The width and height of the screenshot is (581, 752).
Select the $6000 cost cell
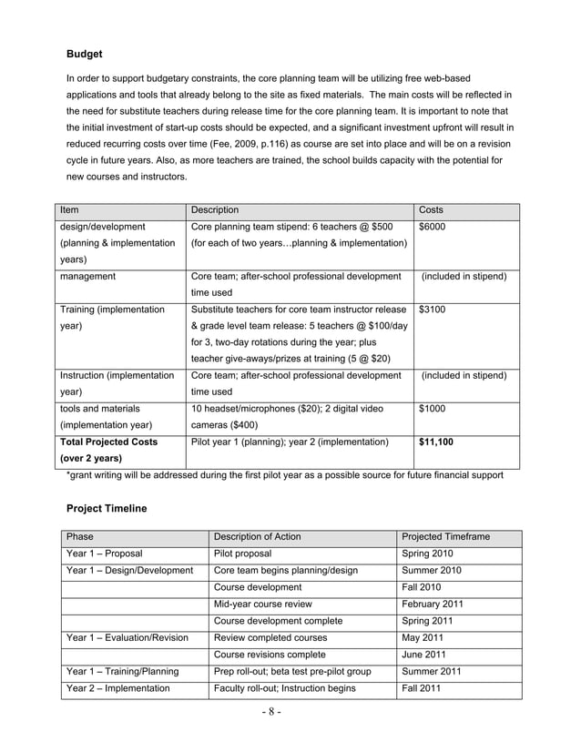pyautogui.click(x=433, y=227)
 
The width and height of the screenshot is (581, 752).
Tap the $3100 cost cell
pyautogui.click(x=433, y=310)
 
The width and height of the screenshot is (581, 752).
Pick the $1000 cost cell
pyautogui.click(x=433, y=409)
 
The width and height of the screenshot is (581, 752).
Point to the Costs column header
pyautogui.click(x=431, y=210)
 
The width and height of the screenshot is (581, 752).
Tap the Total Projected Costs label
pyautogui.click(x=110, y=442)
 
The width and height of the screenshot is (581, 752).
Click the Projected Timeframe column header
pyautogui.click(x=445, y=537)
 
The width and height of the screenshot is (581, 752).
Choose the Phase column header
pyautogui.click(x=80, y=537)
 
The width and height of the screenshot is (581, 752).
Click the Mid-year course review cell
pyautogui.click(x=263, y=604)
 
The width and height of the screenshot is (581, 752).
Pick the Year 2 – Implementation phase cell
pyautogui.click(x=118, y=688)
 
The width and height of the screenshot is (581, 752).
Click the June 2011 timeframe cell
pyautogui.click(x=424, y=655)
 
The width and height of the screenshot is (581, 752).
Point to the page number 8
pyautogui.click(x=290, y=712)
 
